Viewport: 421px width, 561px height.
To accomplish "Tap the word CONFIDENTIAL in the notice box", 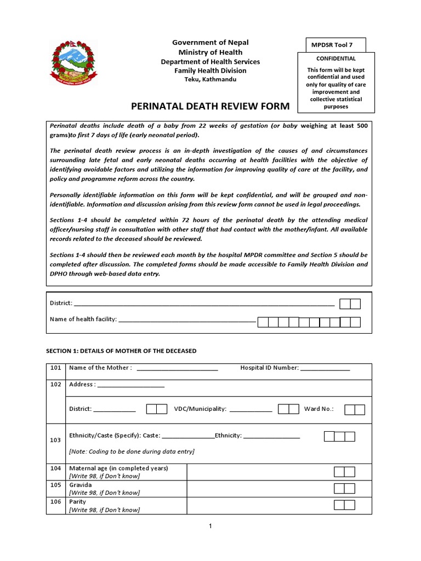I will pos(336,59).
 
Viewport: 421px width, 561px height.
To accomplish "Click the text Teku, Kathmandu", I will pos(210,79).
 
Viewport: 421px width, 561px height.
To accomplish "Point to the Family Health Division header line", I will pos(210,71).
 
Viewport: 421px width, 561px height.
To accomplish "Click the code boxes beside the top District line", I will pos(350,304).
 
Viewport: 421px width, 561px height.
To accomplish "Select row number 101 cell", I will pos(56,368).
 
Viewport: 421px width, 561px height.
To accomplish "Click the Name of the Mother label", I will pos(100,368).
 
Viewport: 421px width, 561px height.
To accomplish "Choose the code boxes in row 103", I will pos(339,437).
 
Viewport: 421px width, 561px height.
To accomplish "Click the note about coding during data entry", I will pos(132,452).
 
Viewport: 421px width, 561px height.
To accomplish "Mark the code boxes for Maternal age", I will pos(344,472).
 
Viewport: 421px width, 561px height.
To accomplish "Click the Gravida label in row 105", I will pos(81,485).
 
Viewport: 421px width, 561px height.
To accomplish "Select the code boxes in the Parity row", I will pos(344,505).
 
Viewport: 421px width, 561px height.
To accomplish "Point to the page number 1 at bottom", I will pos(210,526).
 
